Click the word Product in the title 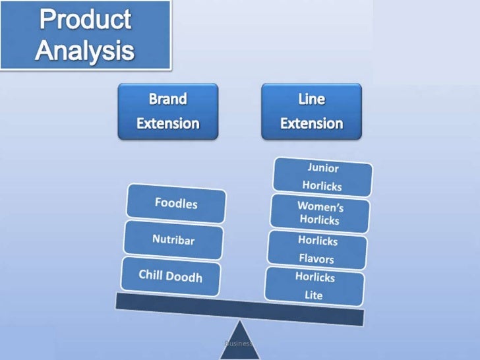click(x=86, y=20)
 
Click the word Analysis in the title click(x=85, y=50)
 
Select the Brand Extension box click(x=167, y=111)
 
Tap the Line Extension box click(x=311, y=111)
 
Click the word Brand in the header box click(x=167, y=99)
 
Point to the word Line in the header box click(x=311, y=99)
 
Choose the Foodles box click(x=176, y=204)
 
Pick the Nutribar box click(x=173, y=240)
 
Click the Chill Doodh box click(x=170, y=276)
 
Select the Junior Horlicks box click(x=323, y=177)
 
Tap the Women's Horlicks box click(x=320, y=212)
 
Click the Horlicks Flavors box click(x=316, y=249)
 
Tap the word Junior click(x=323, y=167)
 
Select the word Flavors click(x=316, y=258)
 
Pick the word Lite click(x=314, y=295)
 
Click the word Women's click(x=320, y=206)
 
